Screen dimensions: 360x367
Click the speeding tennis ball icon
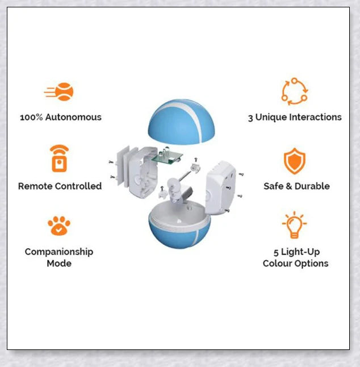(x=58, y=91)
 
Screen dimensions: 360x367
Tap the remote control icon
(x=60, y=159)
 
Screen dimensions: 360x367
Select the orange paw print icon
(x=59, y=226)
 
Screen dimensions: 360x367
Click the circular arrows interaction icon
(x=295, y=91)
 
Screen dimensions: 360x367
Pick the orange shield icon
(x=295, y=161)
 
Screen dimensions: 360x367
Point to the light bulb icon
(x=294, y=225)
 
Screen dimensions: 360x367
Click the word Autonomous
(x=73, y=117)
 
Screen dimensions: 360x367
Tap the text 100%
(x=31, y=117)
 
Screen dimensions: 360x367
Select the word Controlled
(x=79, y=186)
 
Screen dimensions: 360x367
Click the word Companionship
(x=59, y=252)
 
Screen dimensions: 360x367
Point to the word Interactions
(x=315, y=117)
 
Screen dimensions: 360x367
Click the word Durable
(x=312, y=186)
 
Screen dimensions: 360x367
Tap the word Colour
(x=278, y=263)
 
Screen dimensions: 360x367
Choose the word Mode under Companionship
(x=59, y=263)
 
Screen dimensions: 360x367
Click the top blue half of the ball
(x=181, y=122)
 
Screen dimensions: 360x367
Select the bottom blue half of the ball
(x=179, y=232)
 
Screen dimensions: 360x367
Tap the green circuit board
(x=167, y=157)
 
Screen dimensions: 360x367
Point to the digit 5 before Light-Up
(x=276, y=253)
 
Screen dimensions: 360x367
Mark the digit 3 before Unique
(x=250, y=118)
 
